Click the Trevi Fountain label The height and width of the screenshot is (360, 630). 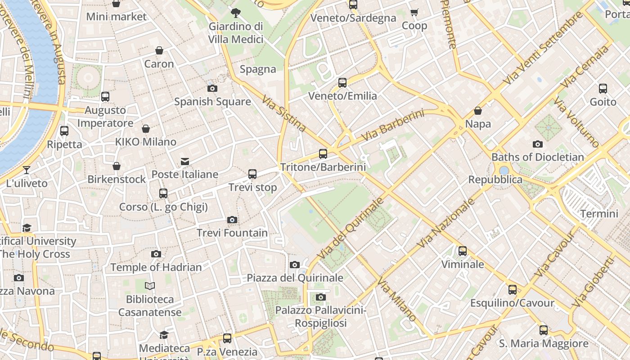coord(232,233)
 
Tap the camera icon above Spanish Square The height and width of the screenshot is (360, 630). coord(212,89)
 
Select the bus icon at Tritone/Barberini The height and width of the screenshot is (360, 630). coord(323,154)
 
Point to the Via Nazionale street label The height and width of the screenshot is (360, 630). coord(446,223)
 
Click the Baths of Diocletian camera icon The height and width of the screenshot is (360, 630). coord(537,144)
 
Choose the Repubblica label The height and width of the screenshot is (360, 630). coord(495,180)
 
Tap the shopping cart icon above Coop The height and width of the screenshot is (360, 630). coord(414,13)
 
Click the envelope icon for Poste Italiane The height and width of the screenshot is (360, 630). coord(185,162)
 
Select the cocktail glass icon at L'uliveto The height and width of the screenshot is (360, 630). coord(27,170)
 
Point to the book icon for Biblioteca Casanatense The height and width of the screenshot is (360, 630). coord(150,286)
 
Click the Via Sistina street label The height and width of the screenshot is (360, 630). coord(284,114)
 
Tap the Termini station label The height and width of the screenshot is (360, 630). coord(599,213)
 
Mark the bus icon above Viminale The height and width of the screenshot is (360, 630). coord(463,251)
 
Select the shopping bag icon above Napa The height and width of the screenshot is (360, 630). coord(478,111)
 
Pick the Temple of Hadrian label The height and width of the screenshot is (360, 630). coord(156,267)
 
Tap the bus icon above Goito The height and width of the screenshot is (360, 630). coord(603,89)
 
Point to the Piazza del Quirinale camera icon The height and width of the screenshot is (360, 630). coord(295,265)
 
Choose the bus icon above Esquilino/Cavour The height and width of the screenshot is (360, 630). coord(513,290)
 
